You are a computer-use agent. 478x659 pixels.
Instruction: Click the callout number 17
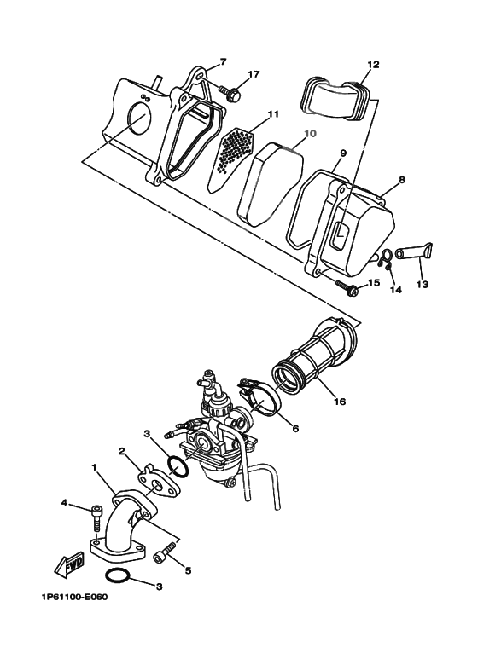pos(254,75)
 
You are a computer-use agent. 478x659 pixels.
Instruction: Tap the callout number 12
pos(373,64)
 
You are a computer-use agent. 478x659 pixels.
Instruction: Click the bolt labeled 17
pos(230,90)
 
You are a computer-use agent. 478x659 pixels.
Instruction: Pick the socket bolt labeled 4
pos(98,514)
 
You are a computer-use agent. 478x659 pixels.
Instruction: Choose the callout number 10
pos(309,134)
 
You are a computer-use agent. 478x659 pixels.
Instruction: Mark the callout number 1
pos(94,468)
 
